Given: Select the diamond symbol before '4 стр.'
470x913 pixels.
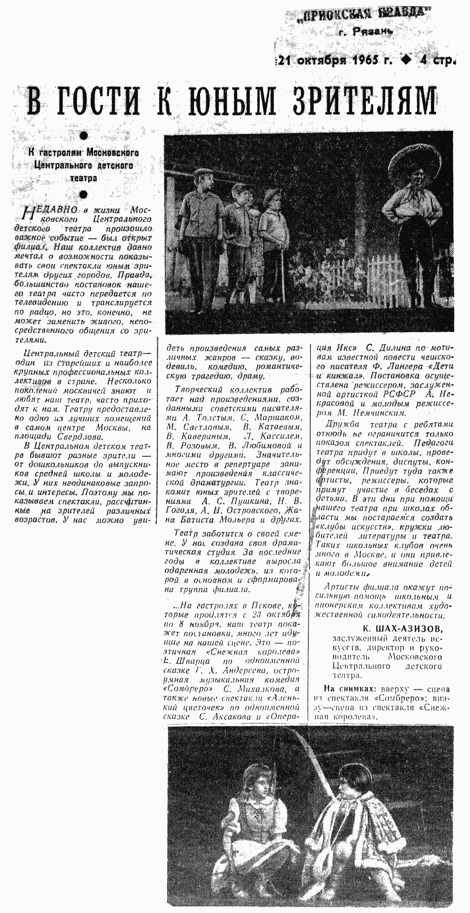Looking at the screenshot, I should [x=406, y=60].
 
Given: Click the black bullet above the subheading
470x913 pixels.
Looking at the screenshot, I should [x=84, y=136].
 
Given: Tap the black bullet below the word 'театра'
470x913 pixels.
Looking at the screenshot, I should [x=84, y=194].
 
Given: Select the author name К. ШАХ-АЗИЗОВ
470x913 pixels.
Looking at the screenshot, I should [x=403, y=629].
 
